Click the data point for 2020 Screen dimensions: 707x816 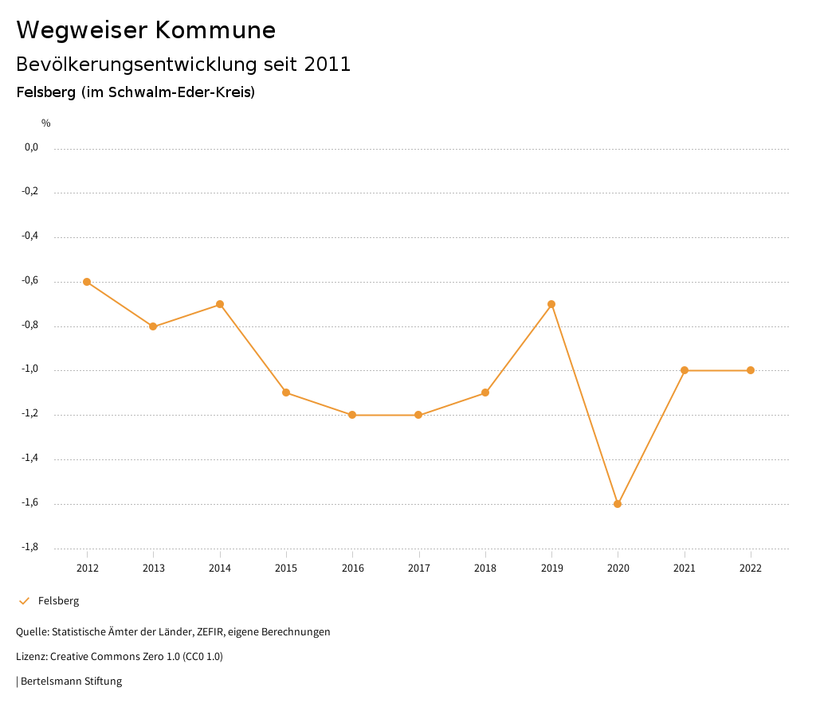pos(618,504)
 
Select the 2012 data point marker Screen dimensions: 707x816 pos(87,282)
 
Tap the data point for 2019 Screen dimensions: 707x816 pos(551,304)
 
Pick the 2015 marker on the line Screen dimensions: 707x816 pos(286,393)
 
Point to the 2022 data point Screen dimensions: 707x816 pos(751,370)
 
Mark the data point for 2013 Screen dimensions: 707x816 pos(153,326)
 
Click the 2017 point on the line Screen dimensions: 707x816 pos(418,415)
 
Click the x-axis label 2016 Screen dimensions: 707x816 pos(352,568)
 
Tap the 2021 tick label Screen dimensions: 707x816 pos(684,568)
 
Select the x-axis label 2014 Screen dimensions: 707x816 pos(220,568)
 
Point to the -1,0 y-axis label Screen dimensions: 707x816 pos(31,369)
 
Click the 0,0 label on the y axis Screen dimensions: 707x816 pos(32,147)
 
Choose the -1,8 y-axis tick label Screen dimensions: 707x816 pos(31,547)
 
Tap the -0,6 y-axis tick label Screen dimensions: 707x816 pos(31,280)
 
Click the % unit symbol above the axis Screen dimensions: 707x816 pos(46,123)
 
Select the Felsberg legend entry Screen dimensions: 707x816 pos(58,601)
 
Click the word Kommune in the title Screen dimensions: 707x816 pos(215,30)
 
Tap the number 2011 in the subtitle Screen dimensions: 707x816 pos(327,64)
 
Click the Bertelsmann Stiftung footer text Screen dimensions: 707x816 pos(71,682)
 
